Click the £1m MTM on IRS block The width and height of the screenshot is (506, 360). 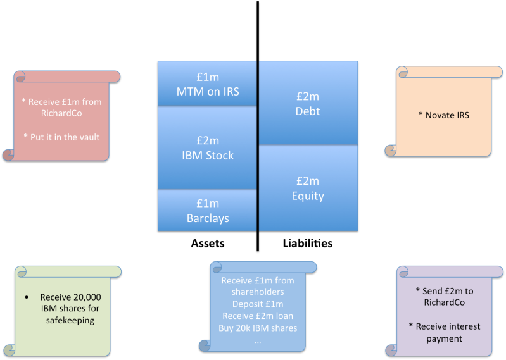click(207, 84)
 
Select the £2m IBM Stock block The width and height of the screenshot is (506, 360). click(207, 148)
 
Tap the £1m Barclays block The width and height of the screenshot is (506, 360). click(207, 211)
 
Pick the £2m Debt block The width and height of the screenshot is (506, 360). click(308, 104)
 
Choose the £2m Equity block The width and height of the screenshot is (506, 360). click(308, 189)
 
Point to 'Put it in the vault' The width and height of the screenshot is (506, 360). click(61, 137)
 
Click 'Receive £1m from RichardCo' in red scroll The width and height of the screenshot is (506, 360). click(61, 107)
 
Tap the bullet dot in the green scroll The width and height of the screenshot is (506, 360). click(27, 297)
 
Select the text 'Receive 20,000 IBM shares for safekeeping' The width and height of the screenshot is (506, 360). click(70, 308)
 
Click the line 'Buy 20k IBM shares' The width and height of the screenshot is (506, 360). click(259, 328)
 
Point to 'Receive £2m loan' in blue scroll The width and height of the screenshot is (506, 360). click(259, 316)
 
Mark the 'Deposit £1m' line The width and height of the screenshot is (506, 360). click(259, 304)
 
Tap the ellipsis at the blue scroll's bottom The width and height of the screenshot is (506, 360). click(258, 340)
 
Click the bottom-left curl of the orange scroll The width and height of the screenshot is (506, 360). click(391, 150)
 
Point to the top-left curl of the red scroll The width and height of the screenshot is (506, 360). click(20, 77)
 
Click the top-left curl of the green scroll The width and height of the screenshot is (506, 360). click(21, 272)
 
